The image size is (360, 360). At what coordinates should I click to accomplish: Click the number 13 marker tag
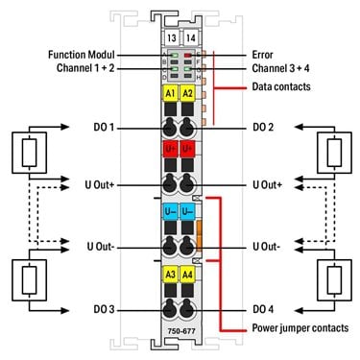click(172, 37)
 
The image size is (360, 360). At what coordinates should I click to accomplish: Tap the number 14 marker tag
click(190, 37)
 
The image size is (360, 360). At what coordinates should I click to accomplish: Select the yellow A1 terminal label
click(170, 93)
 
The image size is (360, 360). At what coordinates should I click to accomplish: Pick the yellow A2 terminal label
click(187, 93)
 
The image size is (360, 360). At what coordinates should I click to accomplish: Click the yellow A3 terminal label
click(170, 275)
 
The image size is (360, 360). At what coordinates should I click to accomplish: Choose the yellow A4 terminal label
click(187, 275)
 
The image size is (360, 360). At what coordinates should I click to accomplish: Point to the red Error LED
click(188, 55)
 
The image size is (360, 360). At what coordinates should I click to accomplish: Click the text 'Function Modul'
click(81, 55)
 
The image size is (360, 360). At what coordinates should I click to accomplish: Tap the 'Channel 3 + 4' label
click(280, 68)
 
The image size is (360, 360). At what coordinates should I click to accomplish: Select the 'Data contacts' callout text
click(281, 86)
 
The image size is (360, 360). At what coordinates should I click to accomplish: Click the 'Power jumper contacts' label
click(300, 328)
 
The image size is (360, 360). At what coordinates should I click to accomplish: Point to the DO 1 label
click(104, 127)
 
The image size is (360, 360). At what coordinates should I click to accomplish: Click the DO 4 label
click(263, 309)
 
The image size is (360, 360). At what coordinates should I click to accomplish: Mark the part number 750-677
click(181, 331)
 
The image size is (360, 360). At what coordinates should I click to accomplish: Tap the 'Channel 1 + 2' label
click(85, 68)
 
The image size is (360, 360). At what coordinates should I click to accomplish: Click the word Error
click(262, 55)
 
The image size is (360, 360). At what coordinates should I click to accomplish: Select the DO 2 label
click(263, 127)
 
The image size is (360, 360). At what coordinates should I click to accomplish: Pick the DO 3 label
click(104, 309)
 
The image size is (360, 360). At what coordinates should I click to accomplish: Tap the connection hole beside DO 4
click(186, 310)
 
